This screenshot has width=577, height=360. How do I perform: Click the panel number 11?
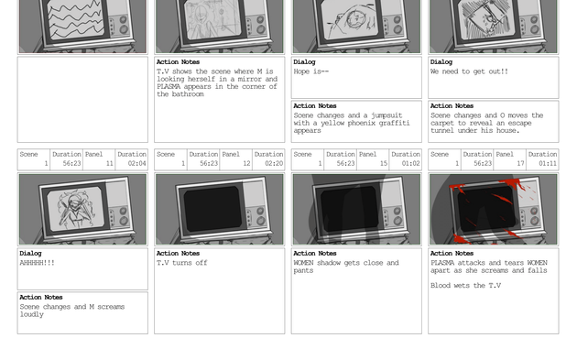coord(110,163)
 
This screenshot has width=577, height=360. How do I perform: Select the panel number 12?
coord(246,163)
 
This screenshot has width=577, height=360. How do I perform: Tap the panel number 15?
coord(384,163)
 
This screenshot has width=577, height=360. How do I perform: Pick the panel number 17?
coord(520,163)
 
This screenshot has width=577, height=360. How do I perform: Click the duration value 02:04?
coord(137,163)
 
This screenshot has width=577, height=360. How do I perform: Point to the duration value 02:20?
coord(274,163)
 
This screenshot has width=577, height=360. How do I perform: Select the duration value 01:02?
coord(411,163)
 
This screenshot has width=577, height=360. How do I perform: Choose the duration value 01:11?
coord(548,163)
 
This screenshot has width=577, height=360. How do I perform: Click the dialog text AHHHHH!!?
coord(38,263)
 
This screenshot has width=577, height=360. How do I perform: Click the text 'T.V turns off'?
coord(181,263)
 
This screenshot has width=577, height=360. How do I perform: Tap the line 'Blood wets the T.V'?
coord(465,286)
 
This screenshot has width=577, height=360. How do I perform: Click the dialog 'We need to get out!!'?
coord(469,71)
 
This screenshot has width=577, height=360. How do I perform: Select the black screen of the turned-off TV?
coord(212,208)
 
